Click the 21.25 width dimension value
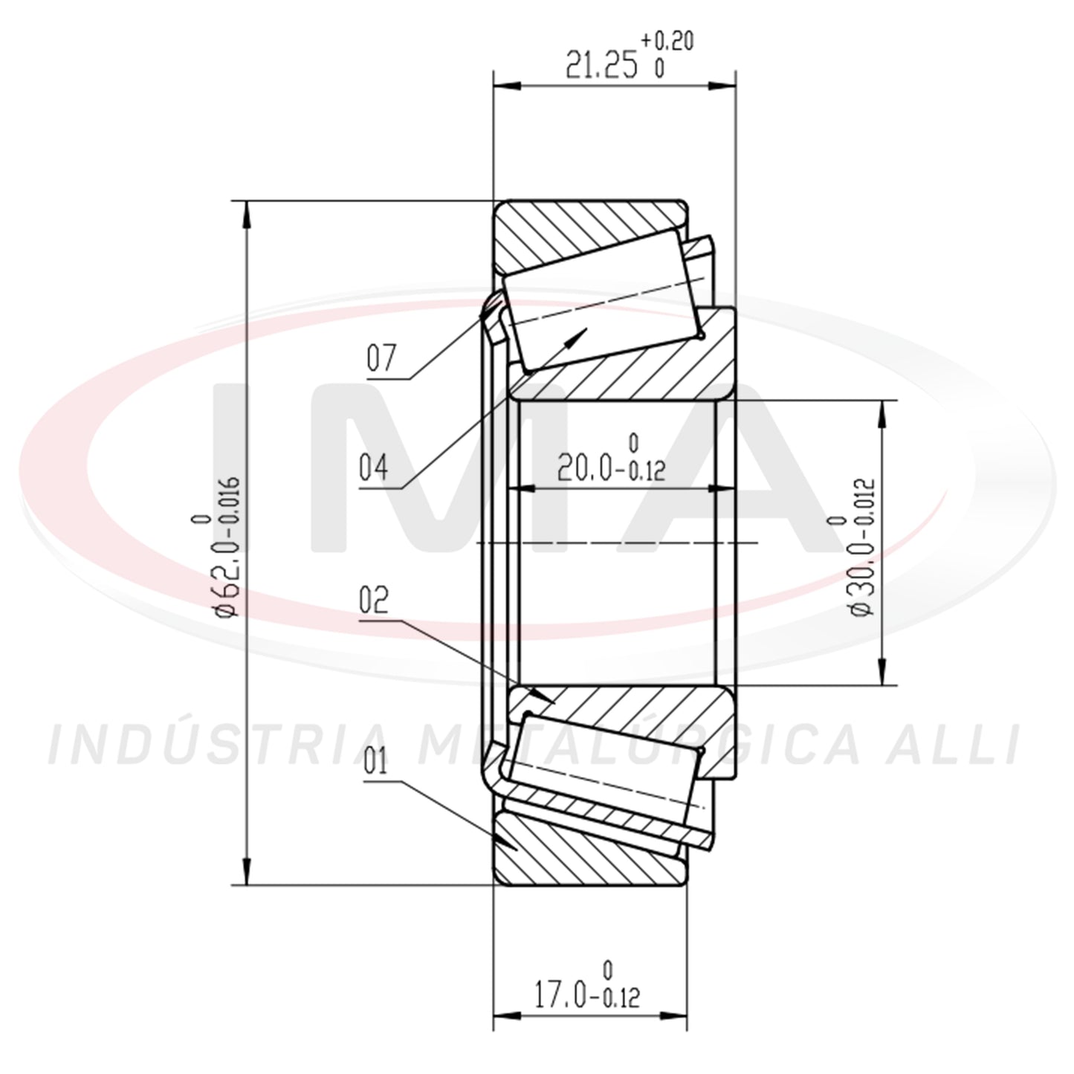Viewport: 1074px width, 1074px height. coord(601,65)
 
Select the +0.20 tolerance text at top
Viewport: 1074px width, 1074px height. coord(667,41)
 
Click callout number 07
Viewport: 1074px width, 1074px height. coord(382,358)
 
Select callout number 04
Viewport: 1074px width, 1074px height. coord(373,468)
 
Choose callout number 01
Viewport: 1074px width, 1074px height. coord(375,762)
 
